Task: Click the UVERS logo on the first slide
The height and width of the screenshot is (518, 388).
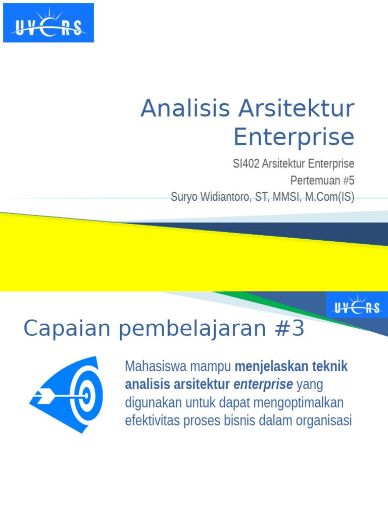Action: (x=48, y=23)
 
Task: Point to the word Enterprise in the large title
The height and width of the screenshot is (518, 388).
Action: (x=294, y=137)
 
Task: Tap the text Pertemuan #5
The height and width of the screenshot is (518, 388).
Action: (x=322, y=181)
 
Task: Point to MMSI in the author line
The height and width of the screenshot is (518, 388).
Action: (x=286, y=197)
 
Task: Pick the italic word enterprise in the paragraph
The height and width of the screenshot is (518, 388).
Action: (x=263, y=384)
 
